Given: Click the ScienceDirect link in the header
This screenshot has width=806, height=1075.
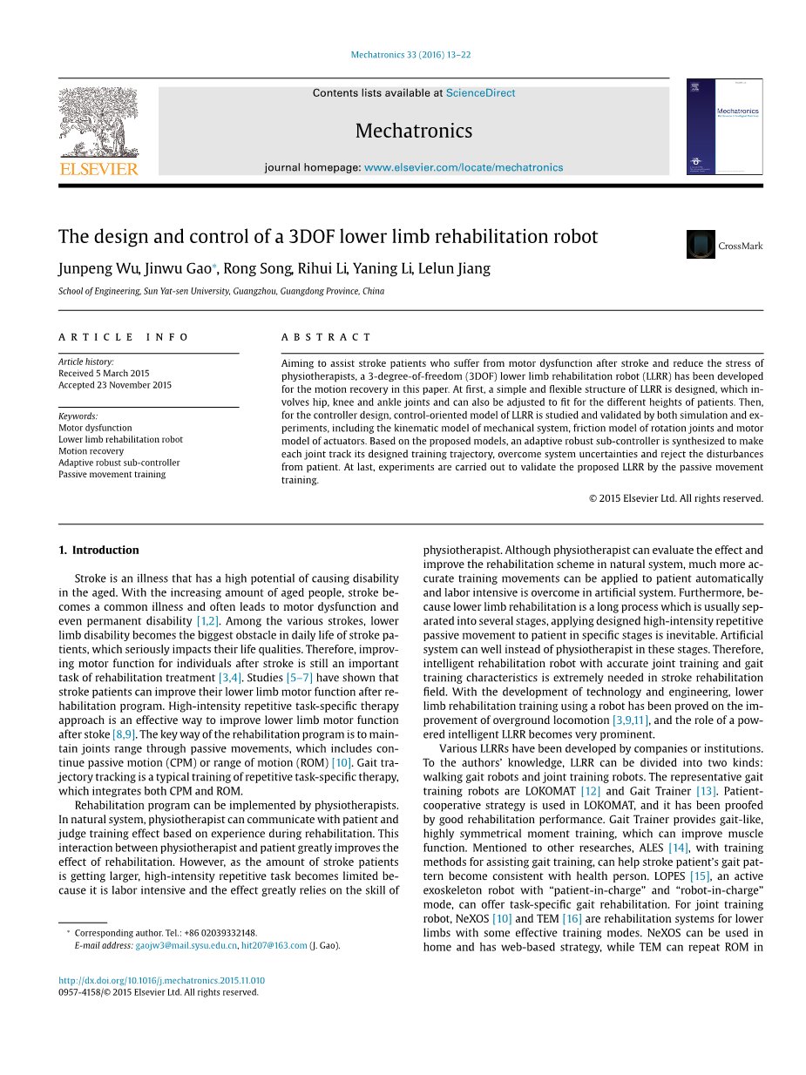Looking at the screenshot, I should coord(480,93).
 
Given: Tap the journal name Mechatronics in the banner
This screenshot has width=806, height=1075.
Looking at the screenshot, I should coord(414,132).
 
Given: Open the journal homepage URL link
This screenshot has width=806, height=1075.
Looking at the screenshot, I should coord(464,167).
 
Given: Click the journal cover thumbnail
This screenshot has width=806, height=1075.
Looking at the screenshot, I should coord(724,127).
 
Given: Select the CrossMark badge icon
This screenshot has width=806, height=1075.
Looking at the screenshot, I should coord(701,245).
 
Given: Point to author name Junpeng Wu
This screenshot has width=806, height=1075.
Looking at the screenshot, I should coord(98,268).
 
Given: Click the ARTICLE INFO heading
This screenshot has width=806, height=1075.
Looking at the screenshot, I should coord(124,337).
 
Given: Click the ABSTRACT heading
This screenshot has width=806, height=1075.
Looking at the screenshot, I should coord(326,337).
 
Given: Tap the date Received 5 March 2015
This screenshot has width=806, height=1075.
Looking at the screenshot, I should coord(104,374).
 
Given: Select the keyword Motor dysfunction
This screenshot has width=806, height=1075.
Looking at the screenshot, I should coord(95,428).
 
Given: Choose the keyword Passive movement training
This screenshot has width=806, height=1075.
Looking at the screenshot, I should coord(112,475).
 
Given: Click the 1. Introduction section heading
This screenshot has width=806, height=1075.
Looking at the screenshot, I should coord(98,551).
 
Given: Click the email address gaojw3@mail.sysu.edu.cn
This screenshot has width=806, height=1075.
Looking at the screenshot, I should coord(186,945).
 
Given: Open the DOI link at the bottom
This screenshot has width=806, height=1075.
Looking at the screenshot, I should coord(161,980).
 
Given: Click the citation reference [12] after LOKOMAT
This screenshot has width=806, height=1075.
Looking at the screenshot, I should coord(591,792).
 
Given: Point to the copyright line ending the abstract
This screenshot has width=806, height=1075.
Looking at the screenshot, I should coord(675,499).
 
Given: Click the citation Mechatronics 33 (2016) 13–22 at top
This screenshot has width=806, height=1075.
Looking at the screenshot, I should coord(410,55).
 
